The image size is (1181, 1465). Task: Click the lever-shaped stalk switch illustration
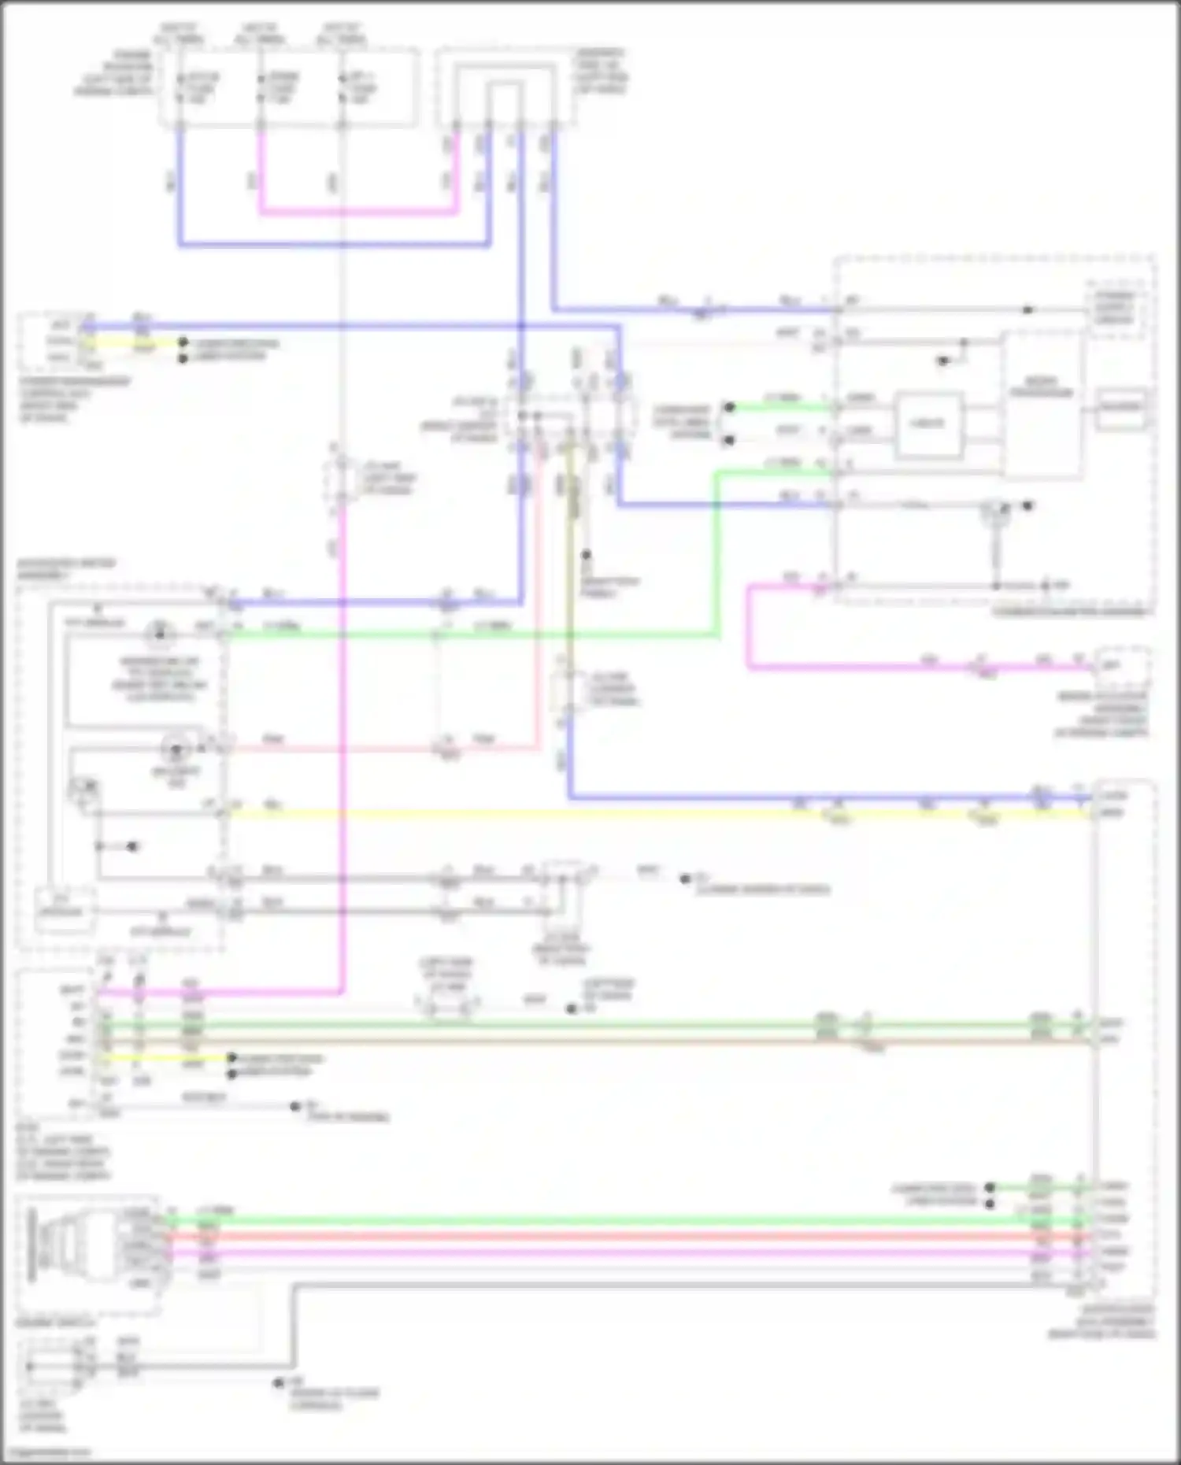pos(59,1251)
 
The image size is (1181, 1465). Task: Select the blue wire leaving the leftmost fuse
pos(180,189)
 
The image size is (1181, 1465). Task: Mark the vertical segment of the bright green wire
pos(717,551)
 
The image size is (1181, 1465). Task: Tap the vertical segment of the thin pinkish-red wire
pos(539,598)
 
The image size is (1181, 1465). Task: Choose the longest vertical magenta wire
pos(342,748)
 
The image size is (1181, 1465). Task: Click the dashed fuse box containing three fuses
pos(288,87)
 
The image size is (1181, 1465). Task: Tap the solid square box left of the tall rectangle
pos(927,425)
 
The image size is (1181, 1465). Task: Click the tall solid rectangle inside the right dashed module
pos(1042,404)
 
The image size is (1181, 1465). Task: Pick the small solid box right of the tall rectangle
pos(1122,407)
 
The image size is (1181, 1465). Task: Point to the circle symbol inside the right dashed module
pos(995,512)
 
